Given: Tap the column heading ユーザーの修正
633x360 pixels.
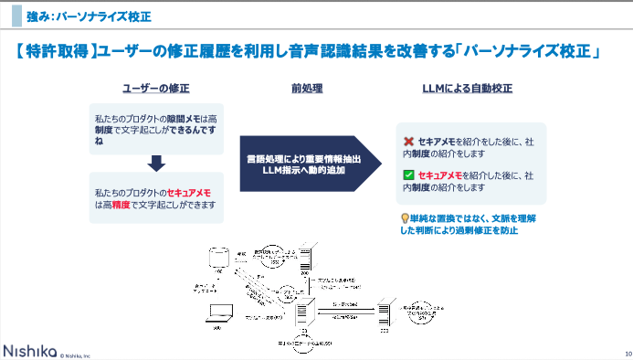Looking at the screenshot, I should click(156, 89).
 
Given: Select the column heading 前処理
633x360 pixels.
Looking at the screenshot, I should click(306, 89).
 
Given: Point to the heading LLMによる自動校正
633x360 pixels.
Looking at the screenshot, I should click(468, 89).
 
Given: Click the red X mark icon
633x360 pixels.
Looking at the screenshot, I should click(408, 142).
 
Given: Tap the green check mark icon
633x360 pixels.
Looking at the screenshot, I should click(408, 174).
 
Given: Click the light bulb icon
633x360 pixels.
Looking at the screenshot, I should click(406, 218).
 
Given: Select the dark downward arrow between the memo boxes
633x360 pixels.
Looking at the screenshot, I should click(156, 164).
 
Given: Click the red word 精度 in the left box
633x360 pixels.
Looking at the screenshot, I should click(119, 206).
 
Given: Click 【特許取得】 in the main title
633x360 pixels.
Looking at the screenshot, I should click(57, 53).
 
